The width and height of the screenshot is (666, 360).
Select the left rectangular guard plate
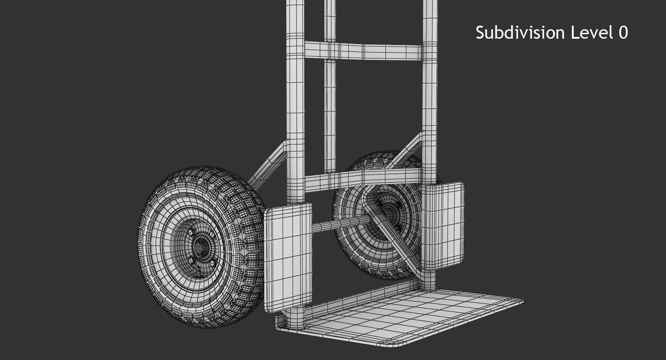click(x=288, y=257)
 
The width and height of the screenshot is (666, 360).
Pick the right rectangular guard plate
click(x=443, y=225)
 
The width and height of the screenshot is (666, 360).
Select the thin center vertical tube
click(x=330, y=112)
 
